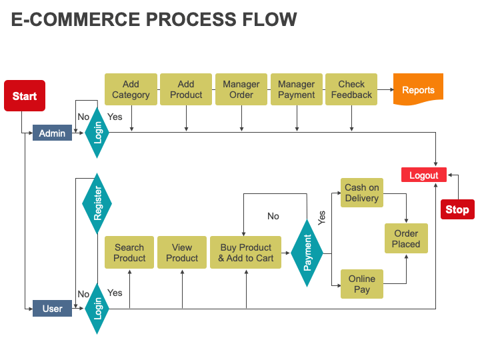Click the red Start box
25,96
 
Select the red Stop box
457,209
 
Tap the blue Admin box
52,133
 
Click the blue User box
52,309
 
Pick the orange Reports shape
418,90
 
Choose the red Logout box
423,175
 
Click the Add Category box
131,89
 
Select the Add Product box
186,89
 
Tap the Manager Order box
241,89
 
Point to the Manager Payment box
296,89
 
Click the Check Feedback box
351,89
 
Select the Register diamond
97,203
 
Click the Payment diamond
307,252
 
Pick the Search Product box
129,253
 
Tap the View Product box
182,253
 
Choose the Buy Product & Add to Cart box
245,253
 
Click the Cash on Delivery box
362,193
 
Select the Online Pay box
362,284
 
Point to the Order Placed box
406,239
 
